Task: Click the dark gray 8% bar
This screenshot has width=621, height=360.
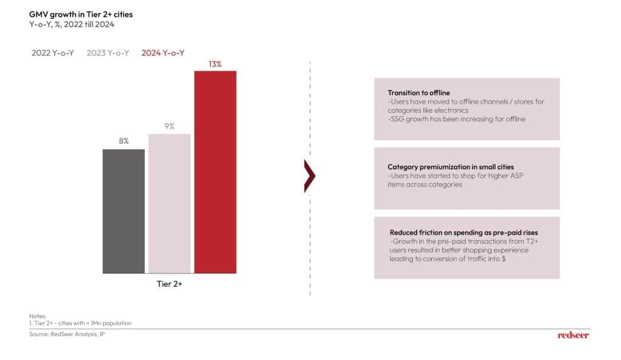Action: pyautogui.click(x=124, y=210)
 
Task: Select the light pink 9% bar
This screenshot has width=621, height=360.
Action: pyautogui.click(x=169, y=203)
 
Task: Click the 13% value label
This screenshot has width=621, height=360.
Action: pyautogui.click(x=215, y=64)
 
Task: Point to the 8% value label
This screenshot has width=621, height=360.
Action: pyautogui.click(x=124, y=141)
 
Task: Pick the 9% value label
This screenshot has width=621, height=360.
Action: pyautogui.click(x=169, y=126)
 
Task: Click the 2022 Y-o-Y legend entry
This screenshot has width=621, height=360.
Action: pyautogui.click(x=53, y=53)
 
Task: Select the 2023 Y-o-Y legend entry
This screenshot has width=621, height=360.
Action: pyautogui.click(x=108, y=53)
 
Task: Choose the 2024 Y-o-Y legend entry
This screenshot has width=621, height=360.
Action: pyautogui.click(x=163, y=53)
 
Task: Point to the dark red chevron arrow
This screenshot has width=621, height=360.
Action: pyautogui.click(x=310, y=176)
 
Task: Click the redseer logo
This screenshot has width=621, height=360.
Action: pyautogui.click(x=573, y=335)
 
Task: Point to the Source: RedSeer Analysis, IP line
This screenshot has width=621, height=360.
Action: pyautogui.click(x=63, y=334)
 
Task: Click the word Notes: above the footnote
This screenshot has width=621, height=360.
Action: pyautogui.click(x=38, y=316)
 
